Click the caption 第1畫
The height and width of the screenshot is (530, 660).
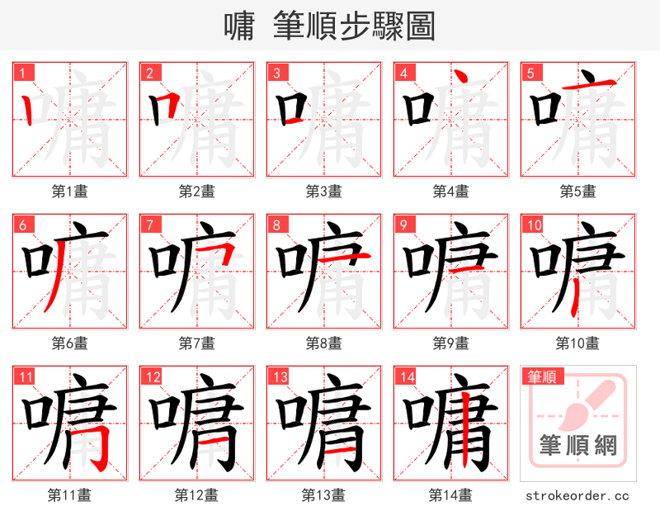pos(70,192)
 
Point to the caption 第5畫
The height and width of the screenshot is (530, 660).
pos(577,192)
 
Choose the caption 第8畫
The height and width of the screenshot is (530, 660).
pos(324,343)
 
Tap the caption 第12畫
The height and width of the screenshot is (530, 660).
pos(196,495)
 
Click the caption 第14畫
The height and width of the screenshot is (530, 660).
pos(450,495)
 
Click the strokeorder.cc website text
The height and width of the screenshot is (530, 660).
pos(577,495)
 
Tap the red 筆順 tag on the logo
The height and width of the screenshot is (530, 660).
pos(541,377)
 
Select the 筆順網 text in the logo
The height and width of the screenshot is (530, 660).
pos(577,447)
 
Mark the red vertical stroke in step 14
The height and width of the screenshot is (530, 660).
pos(467,429)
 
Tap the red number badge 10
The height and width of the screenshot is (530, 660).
pos(534,225)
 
